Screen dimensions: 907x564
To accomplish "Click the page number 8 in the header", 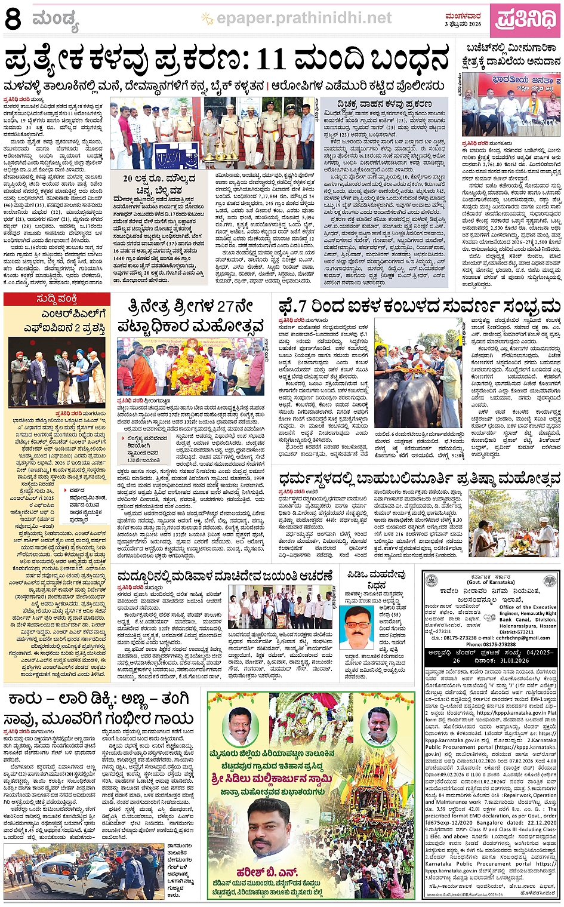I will pyautogui.click(x=13, y=19).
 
